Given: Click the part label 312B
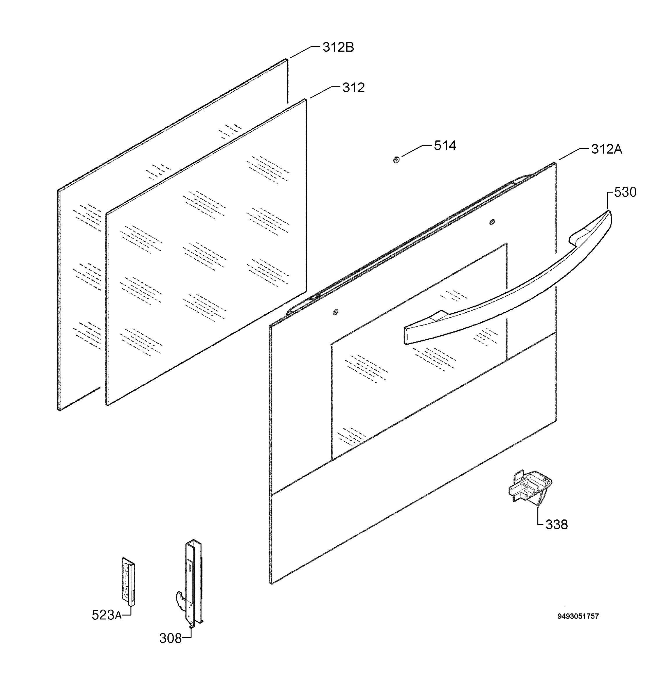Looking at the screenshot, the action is click(338, 47).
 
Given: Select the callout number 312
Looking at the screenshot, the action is click(353, 88).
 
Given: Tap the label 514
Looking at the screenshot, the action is click(445, 145).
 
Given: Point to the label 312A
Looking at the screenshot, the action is click(606, 149).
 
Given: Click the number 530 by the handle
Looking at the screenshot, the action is click(625, 192).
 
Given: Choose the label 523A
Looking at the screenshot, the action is click(107, 615).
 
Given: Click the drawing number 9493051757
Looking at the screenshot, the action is click(578, 616).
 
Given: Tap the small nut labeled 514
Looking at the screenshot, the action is click(396, 160).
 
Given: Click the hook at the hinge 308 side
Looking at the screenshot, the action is click(180, 600).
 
